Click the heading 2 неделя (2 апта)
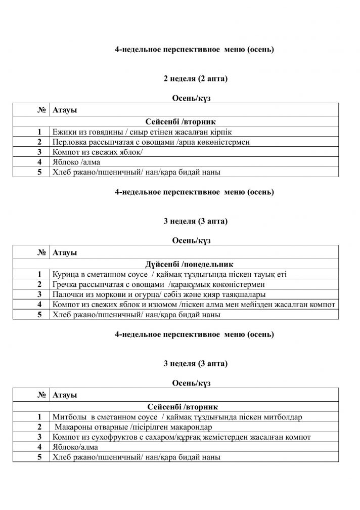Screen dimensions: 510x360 click(x=195, y=79)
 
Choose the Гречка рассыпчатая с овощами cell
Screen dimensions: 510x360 click(x=156, y=284)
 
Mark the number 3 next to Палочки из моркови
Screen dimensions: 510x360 click(x=38, y=294)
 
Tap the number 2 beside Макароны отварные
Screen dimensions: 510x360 click(x=38, y=427)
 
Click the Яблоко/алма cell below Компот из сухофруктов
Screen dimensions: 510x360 click(x=75, y=447)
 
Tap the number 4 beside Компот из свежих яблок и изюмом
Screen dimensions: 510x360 click(x=38, y=305)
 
